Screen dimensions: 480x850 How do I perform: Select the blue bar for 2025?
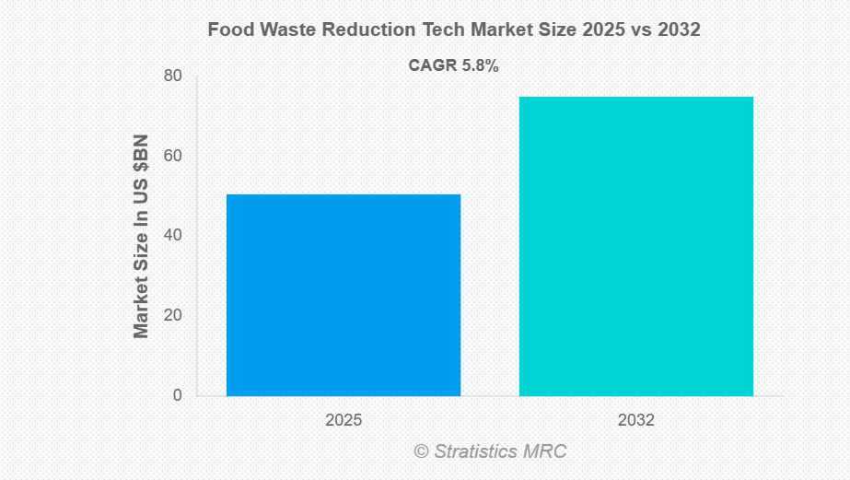point(343,295)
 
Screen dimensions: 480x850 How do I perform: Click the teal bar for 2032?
point(636,246)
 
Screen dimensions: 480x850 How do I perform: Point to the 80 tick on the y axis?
point(172,76)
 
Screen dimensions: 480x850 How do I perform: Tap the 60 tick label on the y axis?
point(172,156)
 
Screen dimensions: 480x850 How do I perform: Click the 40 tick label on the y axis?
point(172,235)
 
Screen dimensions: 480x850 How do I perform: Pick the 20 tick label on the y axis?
point(172,315)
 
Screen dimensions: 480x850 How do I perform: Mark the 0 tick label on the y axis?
point(177,395)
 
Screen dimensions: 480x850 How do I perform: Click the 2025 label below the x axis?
point(343,420)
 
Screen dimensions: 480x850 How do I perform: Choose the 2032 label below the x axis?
point(636,420)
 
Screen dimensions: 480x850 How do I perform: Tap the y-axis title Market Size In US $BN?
point(141,236)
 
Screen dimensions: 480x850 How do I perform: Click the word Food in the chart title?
point(227,29)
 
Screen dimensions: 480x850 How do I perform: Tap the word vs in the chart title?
point(635,29)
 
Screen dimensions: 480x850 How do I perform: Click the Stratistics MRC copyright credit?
point(490,451)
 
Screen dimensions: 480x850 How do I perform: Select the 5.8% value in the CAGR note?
point(479,65)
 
